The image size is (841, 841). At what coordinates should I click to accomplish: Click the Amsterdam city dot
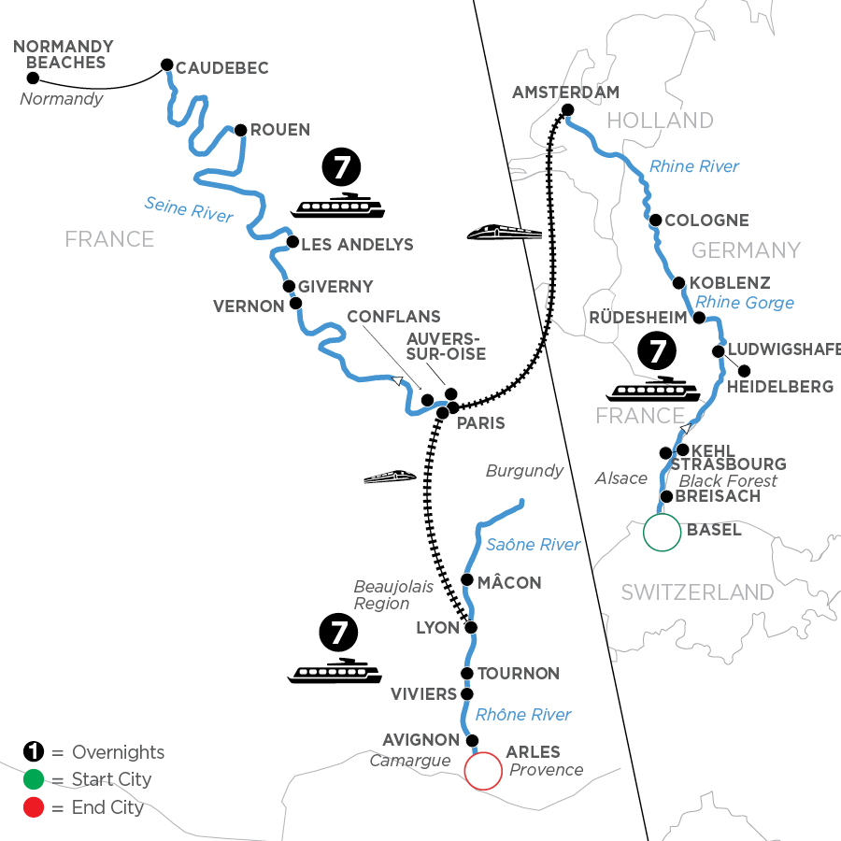click(567, 111)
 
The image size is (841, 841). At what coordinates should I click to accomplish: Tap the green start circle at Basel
click(662, 533)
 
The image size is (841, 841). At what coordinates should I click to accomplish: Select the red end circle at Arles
click(483, 771)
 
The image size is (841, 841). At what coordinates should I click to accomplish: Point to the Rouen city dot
click(241, 130)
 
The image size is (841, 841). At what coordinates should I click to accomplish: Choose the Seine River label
click(189, 208)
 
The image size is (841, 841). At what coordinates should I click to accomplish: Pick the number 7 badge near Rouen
click(339, 169)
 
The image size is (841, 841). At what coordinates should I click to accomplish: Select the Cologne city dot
click(656, 221)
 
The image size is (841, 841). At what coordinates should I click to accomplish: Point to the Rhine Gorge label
click(745, 302)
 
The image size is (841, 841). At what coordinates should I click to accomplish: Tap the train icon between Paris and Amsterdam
click(506, 231)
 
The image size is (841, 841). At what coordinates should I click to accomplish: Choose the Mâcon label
click(509, 582)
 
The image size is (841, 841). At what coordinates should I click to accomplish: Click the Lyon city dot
click(471, 628)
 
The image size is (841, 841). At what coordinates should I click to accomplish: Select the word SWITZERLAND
click(697, 592)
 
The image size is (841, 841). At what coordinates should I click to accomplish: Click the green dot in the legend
click(33, 779)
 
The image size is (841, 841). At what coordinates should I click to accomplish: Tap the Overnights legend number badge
click(33, 752)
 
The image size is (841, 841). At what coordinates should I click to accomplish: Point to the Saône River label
click(532, 545)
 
